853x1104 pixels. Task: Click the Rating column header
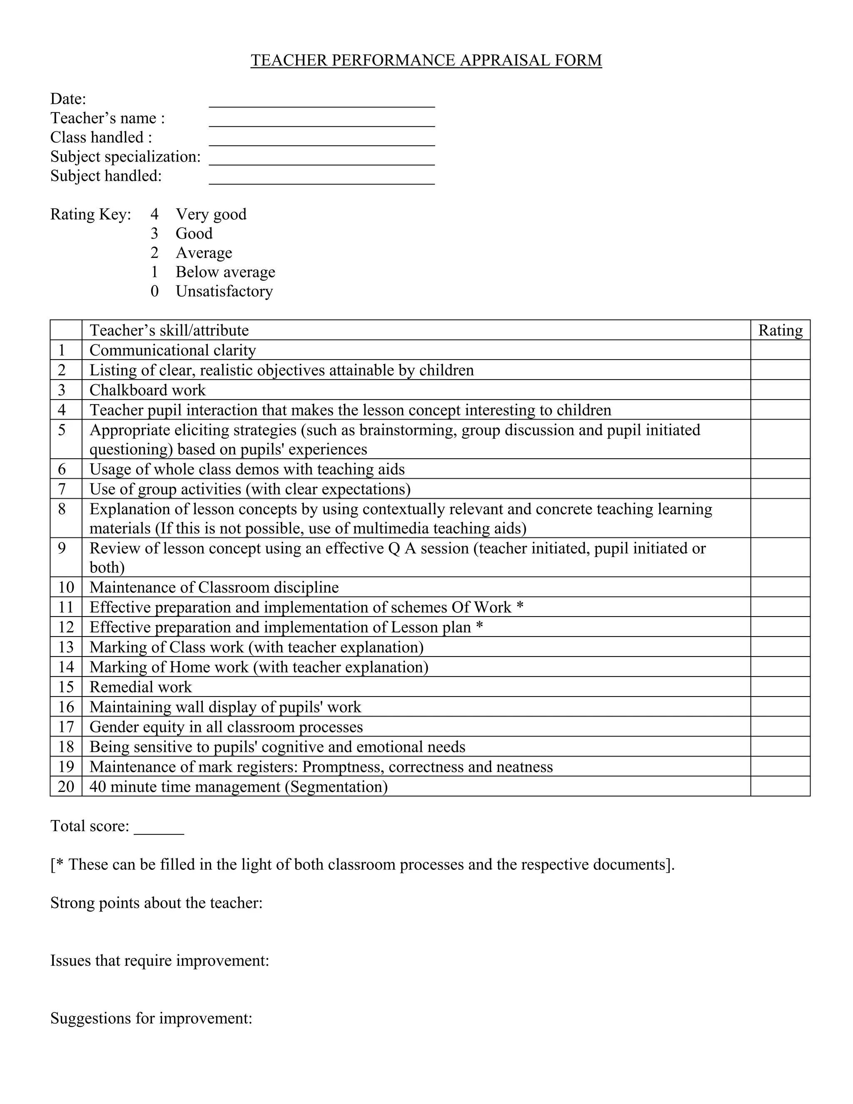click(780, 330)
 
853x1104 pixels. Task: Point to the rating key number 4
click(154, 214)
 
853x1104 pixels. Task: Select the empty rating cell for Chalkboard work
click(780, 390)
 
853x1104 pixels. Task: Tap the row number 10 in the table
click(66, 587)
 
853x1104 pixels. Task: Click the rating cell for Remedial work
click(780, 687)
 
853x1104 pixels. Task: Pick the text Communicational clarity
click(172, 350)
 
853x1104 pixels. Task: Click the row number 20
click(66, 786)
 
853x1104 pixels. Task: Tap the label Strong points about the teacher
click(156, 903)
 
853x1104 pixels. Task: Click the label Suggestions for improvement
click(151, 1018)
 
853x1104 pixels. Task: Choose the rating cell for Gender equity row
click(780, 727)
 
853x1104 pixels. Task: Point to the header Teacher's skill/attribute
click(169, 330)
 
